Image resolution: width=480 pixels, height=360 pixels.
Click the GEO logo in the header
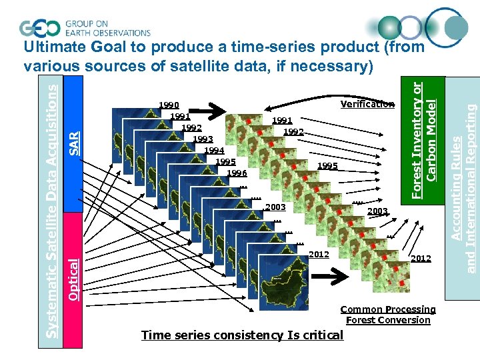[41, 27]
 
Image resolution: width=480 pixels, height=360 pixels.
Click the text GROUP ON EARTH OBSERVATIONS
[107, 27]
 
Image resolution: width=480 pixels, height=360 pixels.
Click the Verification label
[367, 104]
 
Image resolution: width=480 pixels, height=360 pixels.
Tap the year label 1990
[168, 105]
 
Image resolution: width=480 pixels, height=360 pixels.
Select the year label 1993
[203, 139]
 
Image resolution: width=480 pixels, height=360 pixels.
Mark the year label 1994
[214, 151]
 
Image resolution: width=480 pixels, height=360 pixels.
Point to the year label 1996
[237, 173]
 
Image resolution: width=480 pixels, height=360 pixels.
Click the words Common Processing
[387, 309]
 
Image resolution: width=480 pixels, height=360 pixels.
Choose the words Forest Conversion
[388, 320]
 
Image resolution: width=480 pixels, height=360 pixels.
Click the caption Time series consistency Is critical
[242, 335]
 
